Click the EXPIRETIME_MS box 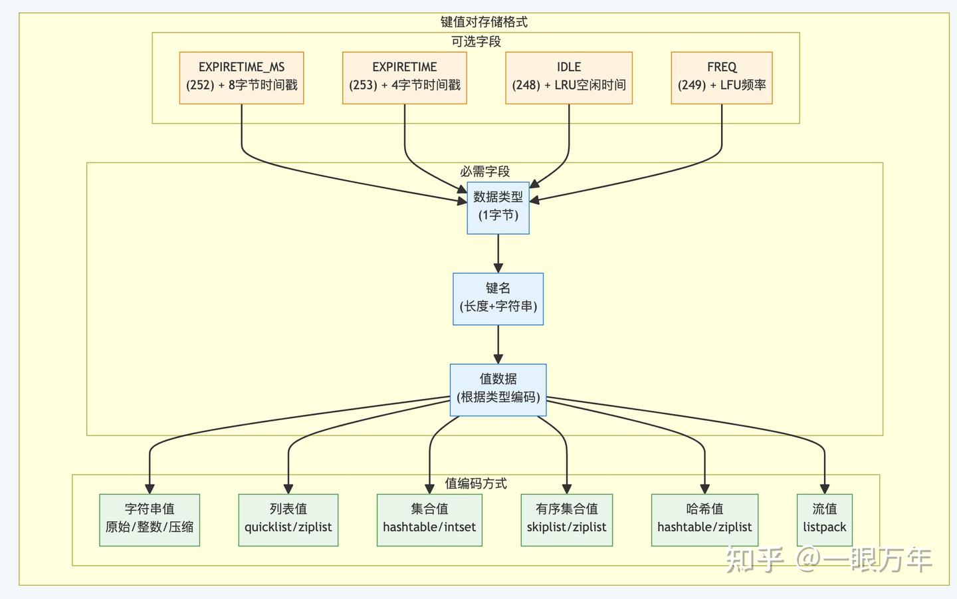[x=241, y=77]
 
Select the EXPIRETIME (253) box [x=404, y=77]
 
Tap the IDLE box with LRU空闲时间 [x=568, y=77]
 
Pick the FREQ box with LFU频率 [x=721, y=77]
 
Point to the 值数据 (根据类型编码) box [x=498, y=389]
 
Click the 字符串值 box [x=150, y=519]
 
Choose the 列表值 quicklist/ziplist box [x=288, y=519]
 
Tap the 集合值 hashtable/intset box [x=429, y=519]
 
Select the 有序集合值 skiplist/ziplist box [x=566, y=519]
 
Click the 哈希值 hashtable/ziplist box [x=704, y=519]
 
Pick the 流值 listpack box [x=824, y=519]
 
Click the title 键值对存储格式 [x=484, y=22]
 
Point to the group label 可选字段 [x=476, y=41]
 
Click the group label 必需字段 [x=484, y=172]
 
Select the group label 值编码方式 [x=476, y=483]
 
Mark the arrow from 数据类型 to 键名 [x=498, y=253]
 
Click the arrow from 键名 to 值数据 [x=498, y=344]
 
